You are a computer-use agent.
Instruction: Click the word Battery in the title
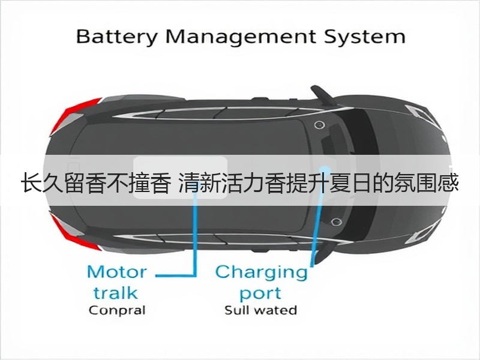(x=116, y=37)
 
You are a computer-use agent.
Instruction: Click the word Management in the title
(x=241, y=36)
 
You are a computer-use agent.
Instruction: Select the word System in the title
(x=365, y=37)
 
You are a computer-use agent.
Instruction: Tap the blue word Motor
(x=117, y=272)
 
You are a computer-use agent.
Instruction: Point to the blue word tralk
(x=115, y=292)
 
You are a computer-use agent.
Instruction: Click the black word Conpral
(x=117, y=311)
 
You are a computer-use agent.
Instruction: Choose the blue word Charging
(x=261, y=272)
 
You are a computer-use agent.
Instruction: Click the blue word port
(x=260, y=293)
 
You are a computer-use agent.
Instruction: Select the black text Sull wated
(x=261, y=310)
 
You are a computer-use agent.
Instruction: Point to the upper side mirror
(x=322, y=95)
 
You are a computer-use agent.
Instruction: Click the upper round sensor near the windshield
(x=319, y=125)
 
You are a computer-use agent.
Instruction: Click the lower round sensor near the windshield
(x=337, y=221)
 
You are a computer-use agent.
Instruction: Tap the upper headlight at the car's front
(x=418, y=112)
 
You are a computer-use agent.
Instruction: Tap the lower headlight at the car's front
(x=421, y=235)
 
